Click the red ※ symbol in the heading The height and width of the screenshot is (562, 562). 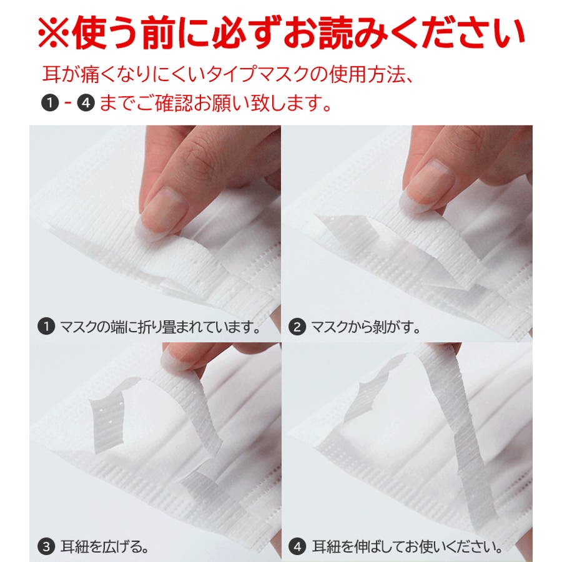pos(54,33)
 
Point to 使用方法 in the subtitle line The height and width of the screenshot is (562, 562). pos(367,74)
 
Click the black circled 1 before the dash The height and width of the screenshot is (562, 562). pos(50,103)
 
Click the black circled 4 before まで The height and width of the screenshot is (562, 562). pos(86,103)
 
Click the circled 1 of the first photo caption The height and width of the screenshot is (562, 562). pos(46,327)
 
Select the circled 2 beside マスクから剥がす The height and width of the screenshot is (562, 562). pos(297,327)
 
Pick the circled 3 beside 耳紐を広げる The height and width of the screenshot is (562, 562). pos(46,547)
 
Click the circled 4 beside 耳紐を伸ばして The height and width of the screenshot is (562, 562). pos(298,547)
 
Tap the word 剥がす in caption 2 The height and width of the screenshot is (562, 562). pos(395,327)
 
